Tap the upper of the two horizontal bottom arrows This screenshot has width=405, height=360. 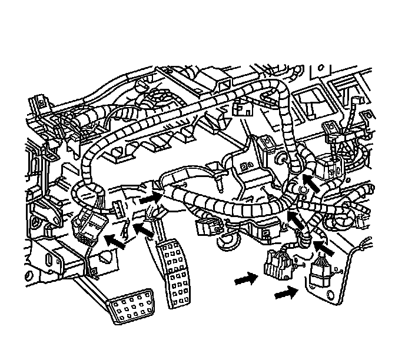coord(246,281)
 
